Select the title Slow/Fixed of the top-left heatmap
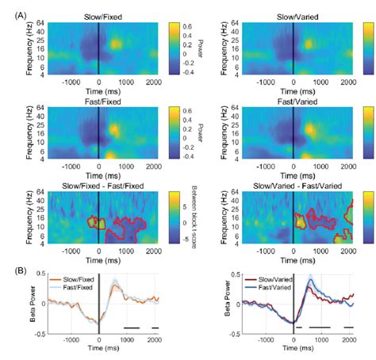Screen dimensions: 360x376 coord(98,16)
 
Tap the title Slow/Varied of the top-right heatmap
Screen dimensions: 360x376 coord(294,16)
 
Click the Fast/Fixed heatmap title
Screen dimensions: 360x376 coord(98,101)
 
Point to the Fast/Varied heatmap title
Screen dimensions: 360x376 coord(294,101)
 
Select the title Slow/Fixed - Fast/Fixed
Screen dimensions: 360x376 coord(98,186)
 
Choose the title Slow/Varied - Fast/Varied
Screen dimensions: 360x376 coord(294,186)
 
